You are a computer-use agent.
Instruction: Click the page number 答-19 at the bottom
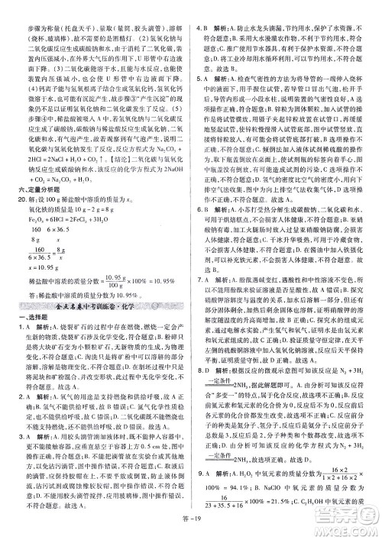coord(191,532)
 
